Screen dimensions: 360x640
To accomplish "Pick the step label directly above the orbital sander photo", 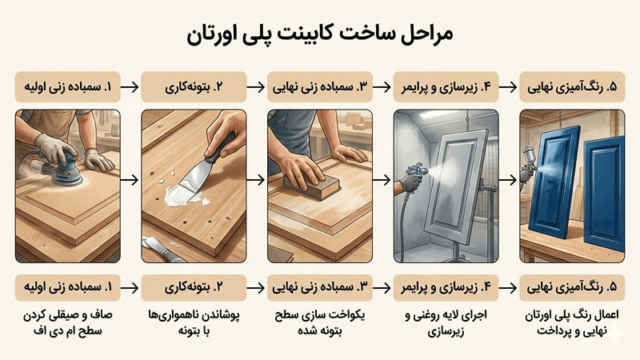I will [x=67, y=86].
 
